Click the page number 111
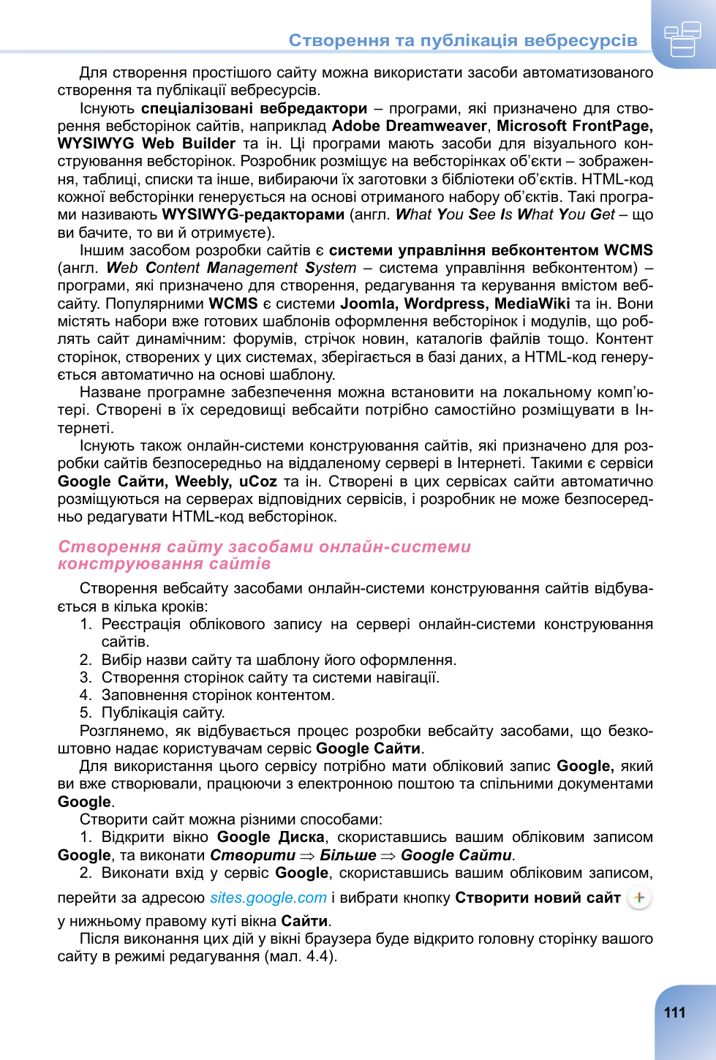coord(674,1012)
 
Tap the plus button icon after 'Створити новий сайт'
coord(639,898)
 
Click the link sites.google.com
coord(268,898)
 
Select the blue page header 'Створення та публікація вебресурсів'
coord(463,40)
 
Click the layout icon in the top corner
coord(682,39)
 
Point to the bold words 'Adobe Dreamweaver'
coord(409,126)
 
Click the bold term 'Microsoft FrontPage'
coord(574,126)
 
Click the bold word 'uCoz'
coord(257,481)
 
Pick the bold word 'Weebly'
coord(203,481)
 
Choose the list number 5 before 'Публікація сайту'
coord(86,713)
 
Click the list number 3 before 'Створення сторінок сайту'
coord(86,677)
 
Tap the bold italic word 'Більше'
coord(347,855)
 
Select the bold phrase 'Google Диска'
coord(271,837)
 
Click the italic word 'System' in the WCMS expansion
coord(331,268)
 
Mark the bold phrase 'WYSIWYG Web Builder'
coord(146,143)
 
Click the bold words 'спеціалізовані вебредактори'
coord(254,108)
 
